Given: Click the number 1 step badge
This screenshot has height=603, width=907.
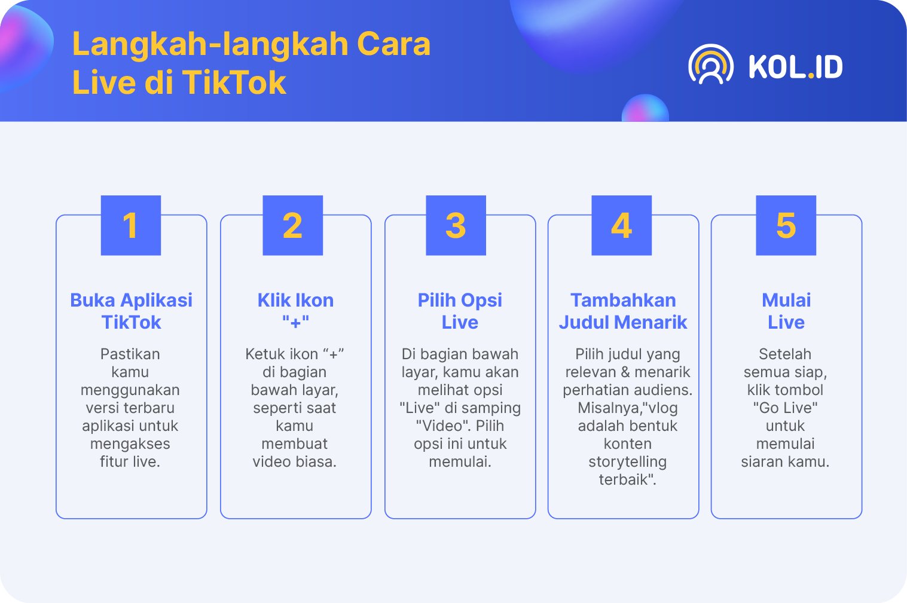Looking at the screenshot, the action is [131, 225].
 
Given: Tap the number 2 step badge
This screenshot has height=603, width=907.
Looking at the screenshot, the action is [293, 225].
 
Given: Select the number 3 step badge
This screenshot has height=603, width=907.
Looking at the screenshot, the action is [456, 225].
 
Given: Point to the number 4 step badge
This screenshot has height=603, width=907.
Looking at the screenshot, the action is [622, 225].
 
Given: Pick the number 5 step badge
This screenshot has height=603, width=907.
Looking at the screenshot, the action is [786, 225].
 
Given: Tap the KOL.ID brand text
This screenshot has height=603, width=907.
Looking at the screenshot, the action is [796, 67].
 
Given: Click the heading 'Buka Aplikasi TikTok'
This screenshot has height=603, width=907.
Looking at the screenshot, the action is [131, 311].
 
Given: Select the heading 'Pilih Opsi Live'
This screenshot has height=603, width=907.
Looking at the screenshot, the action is [460, 311].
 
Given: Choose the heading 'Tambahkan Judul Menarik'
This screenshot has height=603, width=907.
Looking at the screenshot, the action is [623, 311].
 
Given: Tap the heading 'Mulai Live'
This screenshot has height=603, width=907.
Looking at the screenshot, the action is [786, 311].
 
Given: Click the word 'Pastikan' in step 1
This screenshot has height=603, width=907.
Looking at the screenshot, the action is [130, 354].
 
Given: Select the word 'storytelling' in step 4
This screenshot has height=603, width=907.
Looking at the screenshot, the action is [628, 462].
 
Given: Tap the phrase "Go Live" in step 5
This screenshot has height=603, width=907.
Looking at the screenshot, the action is [786, 408].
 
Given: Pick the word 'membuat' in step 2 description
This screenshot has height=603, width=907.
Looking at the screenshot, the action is [294, 443].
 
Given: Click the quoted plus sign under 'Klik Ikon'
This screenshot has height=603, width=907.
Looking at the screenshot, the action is [295, 322].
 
